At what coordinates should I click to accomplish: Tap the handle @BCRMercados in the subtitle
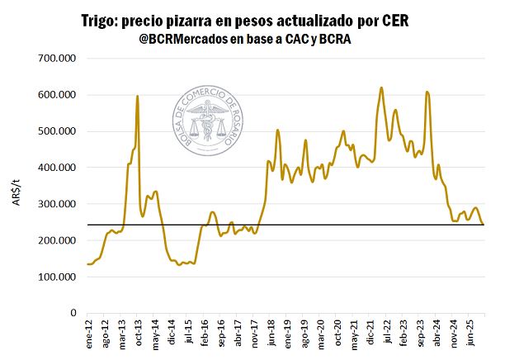tap(186, 40)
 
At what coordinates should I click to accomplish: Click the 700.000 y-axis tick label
tap(57, 59)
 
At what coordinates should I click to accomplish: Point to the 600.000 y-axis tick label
tap(57, 95)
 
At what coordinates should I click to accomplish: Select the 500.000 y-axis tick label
tap(57, 131)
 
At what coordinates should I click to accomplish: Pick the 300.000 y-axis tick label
tap(57, 204)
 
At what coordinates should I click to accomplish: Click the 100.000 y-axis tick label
tap(57, 277)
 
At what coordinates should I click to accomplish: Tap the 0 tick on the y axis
tap(72, 313)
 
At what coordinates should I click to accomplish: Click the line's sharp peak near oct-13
tap(137, 97)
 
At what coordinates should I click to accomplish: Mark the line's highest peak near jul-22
tap(381, 88)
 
